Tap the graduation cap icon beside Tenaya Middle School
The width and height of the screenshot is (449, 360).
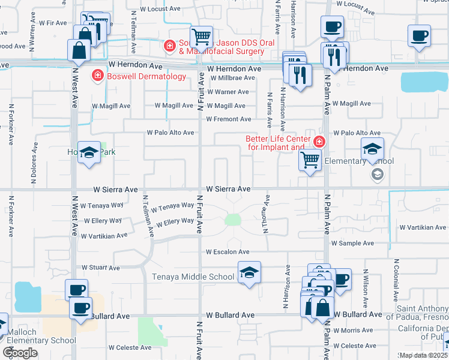[249, 273]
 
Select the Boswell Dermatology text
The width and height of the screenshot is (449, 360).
[146, 76]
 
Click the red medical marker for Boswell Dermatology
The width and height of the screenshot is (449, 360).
[97, 76]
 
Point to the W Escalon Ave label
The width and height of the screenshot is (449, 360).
[228, 252]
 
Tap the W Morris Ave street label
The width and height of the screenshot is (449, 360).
[354, 331]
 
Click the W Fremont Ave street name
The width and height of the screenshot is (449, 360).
[229, 119]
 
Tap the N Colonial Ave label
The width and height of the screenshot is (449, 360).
[396, 281]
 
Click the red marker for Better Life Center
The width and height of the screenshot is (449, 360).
[319, 142]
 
